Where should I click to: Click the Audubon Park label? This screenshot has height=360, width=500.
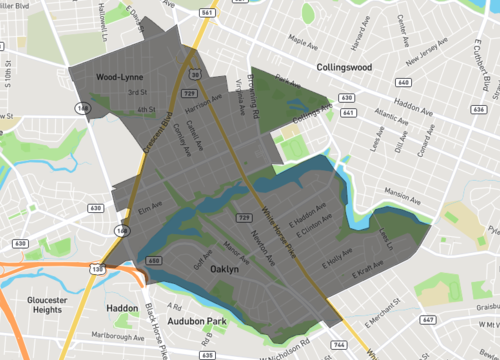point(196,322)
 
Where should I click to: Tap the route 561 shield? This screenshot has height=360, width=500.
point(204,13)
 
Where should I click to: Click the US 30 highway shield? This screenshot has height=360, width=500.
point(195,76)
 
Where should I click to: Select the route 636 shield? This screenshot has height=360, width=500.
point(480,111)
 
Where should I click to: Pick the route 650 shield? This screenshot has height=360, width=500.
point(154,260)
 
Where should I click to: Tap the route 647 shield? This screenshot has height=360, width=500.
point(428,319)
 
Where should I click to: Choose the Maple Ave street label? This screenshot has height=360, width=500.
point(302,42)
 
